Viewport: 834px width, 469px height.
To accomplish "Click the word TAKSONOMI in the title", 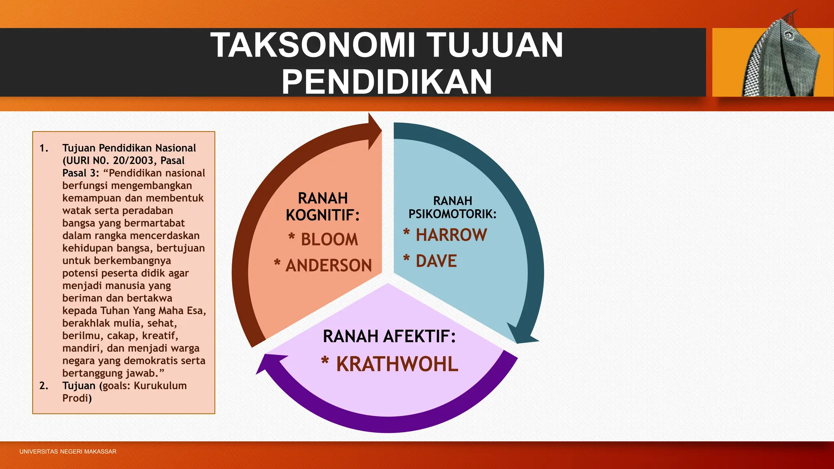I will [313, 45].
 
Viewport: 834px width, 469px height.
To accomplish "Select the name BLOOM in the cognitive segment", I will [329, 239].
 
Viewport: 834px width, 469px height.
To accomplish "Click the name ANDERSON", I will [329, 265].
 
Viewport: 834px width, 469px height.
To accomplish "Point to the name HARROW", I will [451, 235].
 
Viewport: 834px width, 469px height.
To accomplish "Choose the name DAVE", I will [436, 261].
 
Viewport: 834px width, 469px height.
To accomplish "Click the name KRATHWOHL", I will [397, 364].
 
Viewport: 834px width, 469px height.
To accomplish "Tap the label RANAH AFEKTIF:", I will [389, 336].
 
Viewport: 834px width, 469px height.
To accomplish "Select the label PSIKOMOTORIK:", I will [452, 214].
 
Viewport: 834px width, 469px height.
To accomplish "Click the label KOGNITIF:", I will [323, 215].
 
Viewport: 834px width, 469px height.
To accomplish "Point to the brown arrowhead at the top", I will [374, 131].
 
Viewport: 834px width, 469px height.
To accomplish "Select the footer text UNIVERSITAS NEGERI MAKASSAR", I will [68, 451].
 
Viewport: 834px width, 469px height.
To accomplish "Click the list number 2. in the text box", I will [44, 386].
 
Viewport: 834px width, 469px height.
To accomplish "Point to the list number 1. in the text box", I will [44, 148].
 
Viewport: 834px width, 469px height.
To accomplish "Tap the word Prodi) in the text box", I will [77, 398].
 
